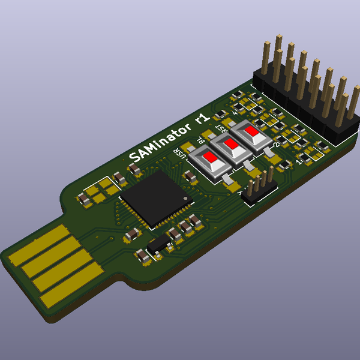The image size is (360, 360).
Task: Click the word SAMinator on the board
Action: pyautogui.click(x=159, y=140)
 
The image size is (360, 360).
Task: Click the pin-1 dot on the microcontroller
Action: pyautogui.click(x=185, y=197)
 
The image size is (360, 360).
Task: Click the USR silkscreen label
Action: pyautogui.click(x=178, y=154)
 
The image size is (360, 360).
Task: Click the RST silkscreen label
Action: pyautogui.click(x=221, y=128)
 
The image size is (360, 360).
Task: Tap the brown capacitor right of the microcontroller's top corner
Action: pyautogui.click(x=190, y=176)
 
